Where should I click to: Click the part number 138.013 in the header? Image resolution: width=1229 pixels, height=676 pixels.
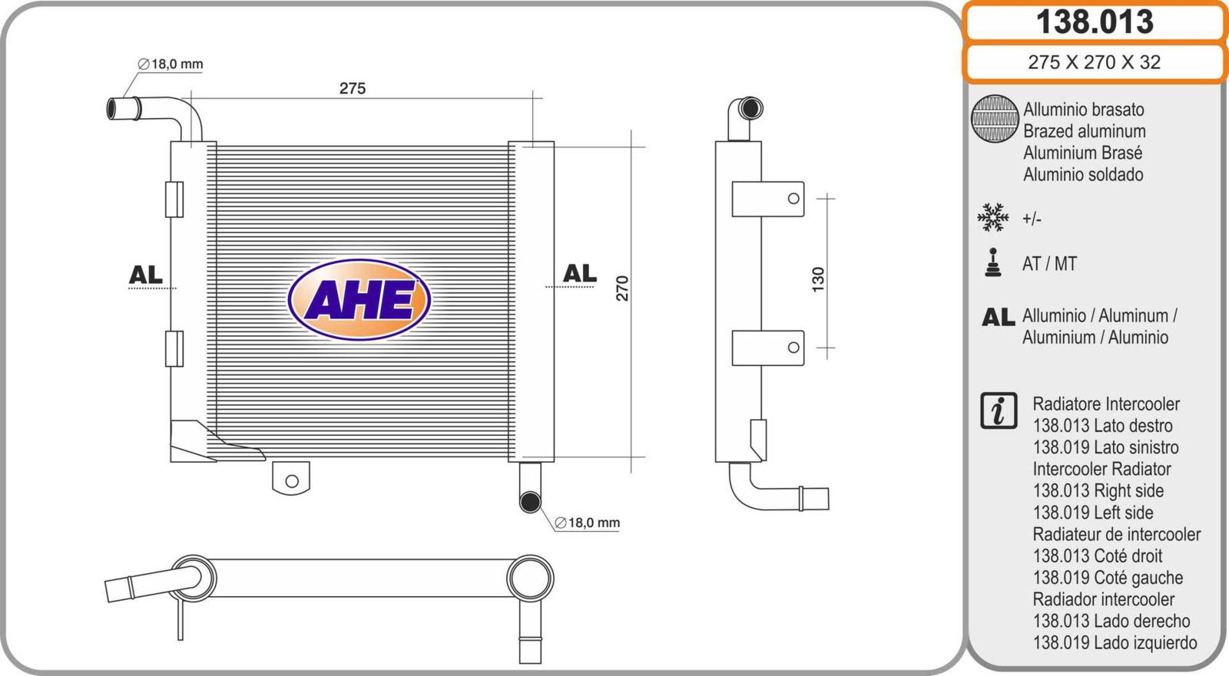[x=1095, y=21]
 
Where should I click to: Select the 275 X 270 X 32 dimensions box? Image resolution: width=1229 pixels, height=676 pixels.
[x=1095, y=62]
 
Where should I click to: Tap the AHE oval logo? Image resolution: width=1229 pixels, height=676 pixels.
[x=359, y=300]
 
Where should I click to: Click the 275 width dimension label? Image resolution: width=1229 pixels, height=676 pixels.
[x=353, y=88]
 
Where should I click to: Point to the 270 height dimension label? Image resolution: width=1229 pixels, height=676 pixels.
[x=622, y=289]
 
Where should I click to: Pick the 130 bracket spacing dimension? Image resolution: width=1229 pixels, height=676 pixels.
[x=817, y=279]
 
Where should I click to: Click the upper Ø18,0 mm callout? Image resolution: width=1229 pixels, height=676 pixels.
[x=170, y=64]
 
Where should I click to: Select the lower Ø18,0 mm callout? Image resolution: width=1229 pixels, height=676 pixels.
[x=587, y=523]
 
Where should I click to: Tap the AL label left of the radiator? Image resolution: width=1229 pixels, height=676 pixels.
[x=145, y=275]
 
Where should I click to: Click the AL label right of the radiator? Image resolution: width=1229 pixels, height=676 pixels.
[x=579, y=273]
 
